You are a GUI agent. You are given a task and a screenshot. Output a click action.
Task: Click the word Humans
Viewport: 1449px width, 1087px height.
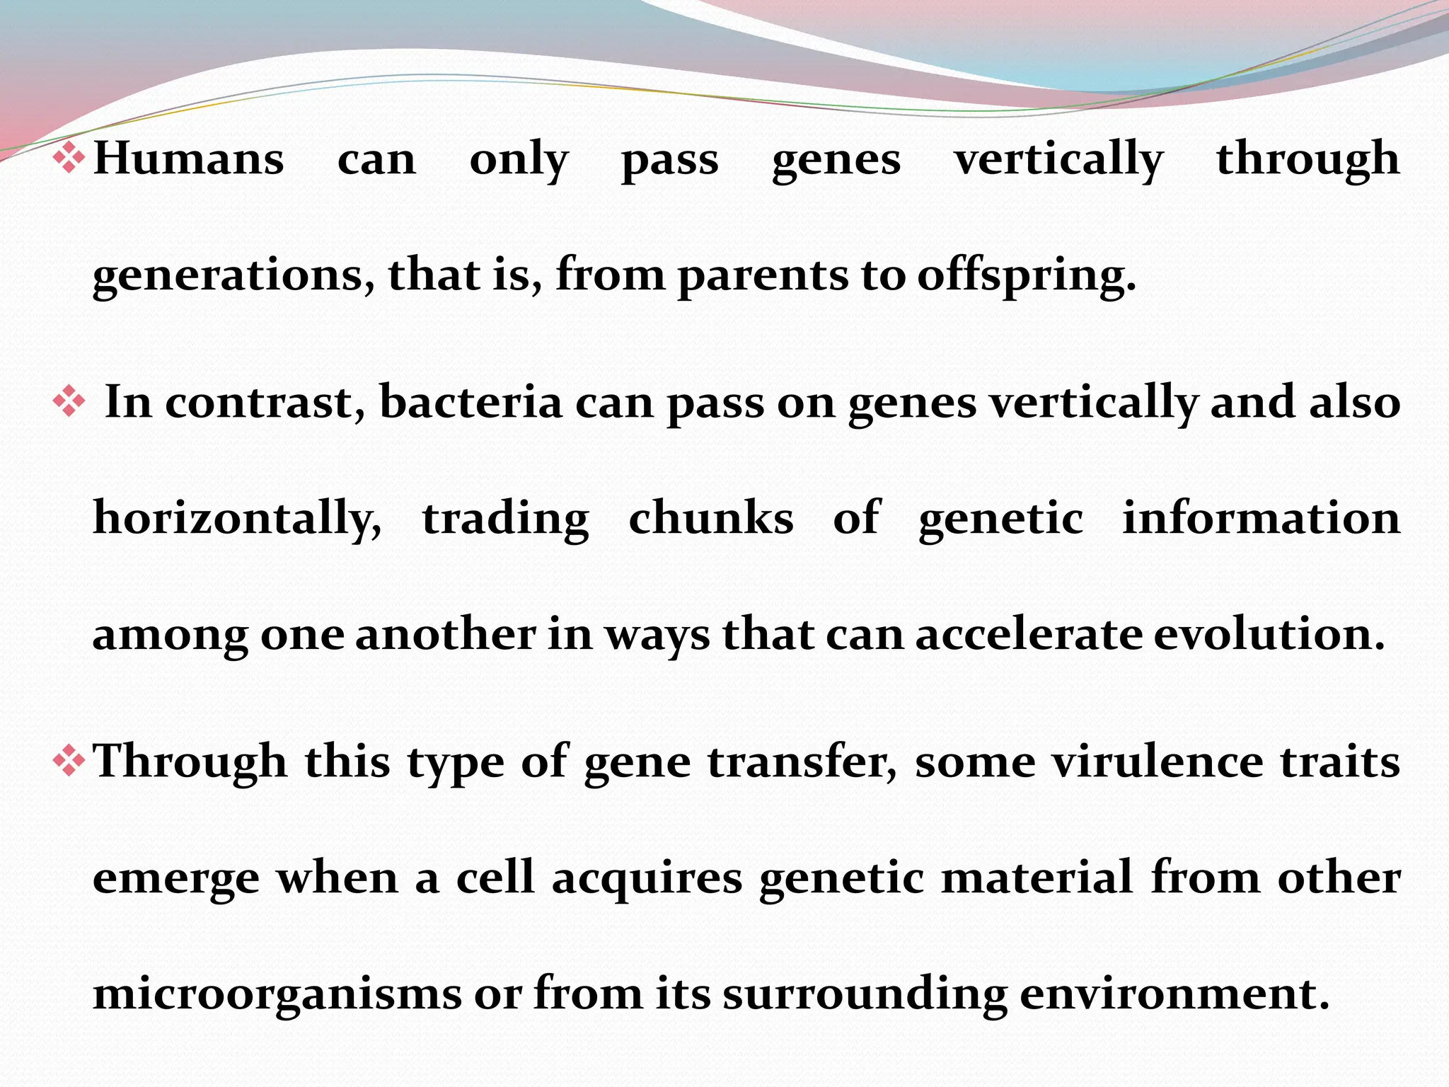pos(189,159)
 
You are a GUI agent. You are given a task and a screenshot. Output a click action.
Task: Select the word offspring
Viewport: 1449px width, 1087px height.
pos(1026,276)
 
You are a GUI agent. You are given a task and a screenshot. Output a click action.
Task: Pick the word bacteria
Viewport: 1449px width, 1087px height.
pos(471,402)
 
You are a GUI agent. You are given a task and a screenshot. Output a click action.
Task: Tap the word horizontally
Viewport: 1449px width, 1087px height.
pos(237,518)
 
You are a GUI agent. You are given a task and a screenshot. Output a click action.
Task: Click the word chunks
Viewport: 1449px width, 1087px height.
pos(710,518)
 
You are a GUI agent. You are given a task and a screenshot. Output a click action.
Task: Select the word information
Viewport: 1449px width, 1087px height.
pos(1261,518)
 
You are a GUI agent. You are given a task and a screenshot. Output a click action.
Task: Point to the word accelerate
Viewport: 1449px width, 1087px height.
pos(1029,633)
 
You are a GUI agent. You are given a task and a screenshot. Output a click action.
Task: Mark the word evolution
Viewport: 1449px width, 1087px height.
pos(1269,633)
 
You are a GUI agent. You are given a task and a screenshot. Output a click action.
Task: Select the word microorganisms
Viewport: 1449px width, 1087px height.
pos(277,994)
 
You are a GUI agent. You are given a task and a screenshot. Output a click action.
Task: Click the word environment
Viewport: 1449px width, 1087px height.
pos(1174,994)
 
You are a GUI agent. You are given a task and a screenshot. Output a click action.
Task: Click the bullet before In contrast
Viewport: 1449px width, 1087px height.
pos(69,402)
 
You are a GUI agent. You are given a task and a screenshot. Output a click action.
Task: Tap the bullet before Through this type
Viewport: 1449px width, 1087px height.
pos(69,762)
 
